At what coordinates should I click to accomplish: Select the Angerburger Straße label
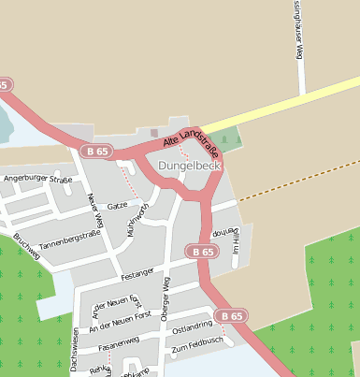(37, 178)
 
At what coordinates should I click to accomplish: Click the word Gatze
(117, 205)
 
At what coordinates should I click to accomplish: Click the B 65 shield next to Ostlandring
(230, 316)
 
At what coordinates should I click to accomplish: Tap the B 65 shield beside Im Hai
(201, 252)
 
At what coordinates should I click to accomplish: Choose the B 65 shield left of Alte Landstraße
(95, 151)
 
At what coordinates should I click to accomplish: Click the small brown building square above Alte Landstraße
(154, 132)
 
